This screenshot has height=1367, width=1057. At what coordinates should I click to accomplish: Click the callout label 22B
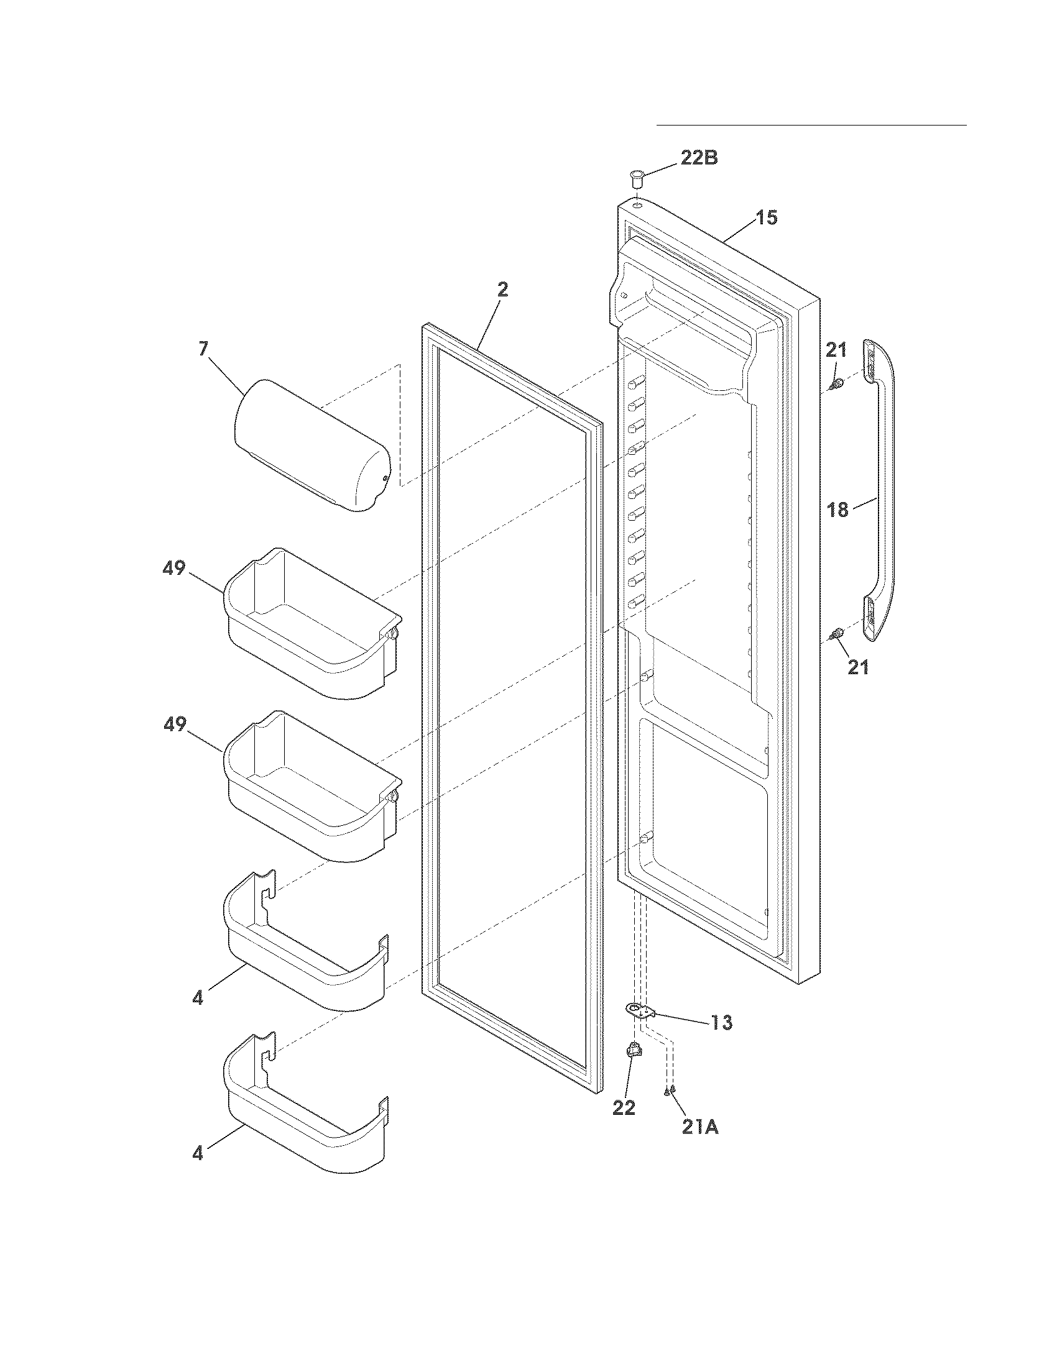[x=699, y=158]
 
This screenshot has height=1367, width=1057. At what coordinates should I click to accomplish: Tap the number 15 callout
[x=766, y=218]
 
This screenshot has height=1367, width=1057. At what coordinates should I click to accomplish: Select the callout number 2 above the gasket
[x=502, y=290]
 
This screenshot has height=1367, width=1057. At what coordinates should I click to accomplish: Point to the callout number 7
[x=203, y=349]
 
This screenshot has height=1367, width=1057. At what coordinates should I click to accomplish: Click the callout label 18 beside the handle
[x=838, y=510]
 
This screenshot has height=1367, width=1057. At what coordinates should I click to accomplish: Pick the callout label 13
[x=721, y=1023]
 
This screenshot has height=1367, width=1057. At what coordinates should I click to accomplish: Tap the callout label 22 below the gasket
[x=624, y=1107]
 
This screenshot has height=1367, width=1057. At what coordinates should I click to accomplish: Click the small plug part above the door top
[x=637, y=178]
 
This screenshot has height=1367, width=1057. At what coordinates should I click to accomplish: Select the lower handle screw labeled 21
[x=835, y=636]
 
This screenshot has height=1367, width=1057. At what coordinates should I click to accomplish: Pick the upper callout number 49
[x=174, y=568]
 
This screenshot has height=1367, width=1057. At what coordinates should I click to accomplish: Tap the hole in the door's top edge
[x=637, y=204]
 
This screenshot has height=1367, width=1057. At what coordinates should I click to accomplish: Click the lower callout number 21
[x=858, y=667]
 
